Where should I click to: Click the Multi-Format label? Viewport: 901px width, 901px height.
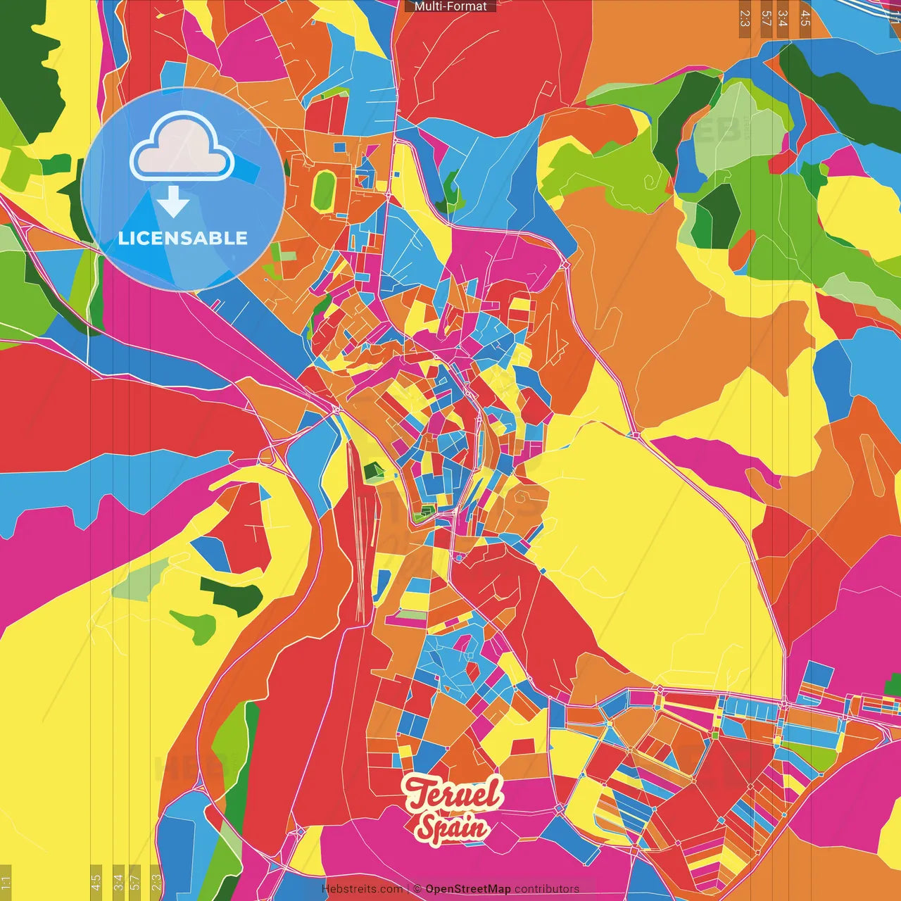click(450, 6)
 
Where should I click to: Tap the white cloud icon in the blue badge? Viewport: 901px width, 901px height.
click(182, 146)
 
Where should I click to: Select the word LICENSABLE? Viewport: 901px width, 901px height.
click(183, 238)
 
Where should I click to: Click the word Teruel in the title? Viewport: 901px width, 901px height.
click(454, 793)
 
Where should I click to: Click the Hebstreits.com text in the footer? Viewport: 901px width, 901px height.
click(362, 889)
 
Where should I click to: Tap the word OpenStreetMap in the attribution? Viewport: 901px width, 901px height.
click(468, 889)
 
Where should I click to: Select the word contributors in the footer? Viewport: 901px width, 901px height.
click(547, 889)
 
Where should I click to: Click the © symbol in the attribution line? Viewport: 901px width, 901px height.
click(417, 889)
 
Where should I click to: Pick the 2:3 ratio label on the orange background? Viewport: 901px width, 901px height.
click(745, 18)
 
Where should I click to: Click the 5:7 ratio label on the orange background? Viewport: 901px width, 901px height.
click(766, 18)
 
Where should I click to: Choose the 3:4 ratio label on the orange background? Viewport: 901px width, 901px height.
click(783, 18)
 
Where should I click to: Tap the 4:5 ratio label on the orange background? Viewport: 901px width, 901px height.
click(805, 18)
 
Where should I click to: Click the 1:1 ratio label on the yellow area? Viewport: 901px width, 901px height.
click(6, 883)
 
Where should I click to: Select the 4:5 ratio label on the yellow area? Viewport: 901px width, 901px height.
click(96, 881)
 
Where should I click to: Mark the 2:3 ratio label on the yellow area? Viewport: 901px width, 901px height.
click(156, 881)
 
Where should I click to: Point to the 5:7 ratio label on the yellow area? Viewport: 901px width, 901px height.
click(135, 881)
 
